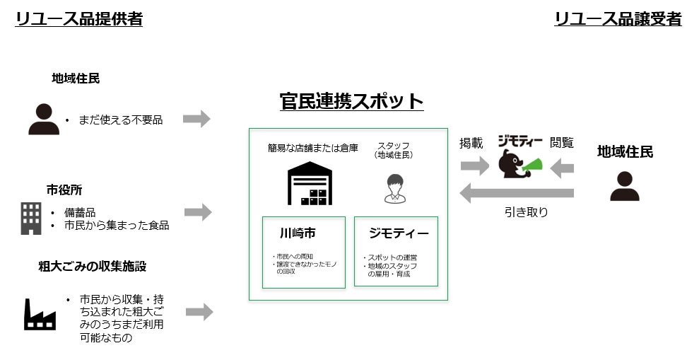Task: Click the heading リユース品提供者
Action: [79, 19]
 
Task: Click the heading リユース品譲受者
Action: [618, 19]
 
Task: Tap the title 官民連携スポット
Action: [351, 101]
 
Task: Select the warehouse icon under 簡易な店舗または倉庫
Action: [310, 183]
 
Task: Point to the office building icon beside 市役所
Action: [30, 218]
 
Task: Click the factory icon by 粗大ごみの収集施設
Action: [40, 314]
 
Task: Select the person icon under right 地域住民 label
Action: [625, 187]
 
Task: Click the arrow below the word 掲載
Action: [474, 167]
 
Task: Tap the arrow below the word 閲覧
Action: [562, 168]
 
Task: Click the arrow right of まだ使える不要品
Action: [196, 119]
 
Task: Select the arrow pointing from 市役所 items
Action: [198, 211]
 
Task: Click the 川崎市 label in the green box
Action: [298, 233]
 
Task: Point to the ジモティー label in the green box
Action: [398, 233]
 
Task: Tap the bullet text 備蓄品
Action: [80, 212]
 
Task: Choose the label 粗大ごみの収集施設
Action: [93, 267]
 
